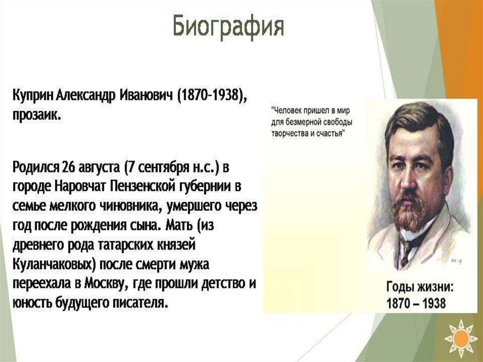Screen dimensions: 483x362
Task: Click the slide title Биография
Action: tap(228, 27)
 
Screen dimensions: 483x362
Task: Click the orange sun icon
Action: tap(461, 338)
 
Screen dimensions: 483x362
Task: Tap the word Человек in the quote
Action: tap(287, 110)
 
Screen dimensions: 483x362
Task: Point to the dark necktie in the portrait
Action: tap(407, 251)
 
